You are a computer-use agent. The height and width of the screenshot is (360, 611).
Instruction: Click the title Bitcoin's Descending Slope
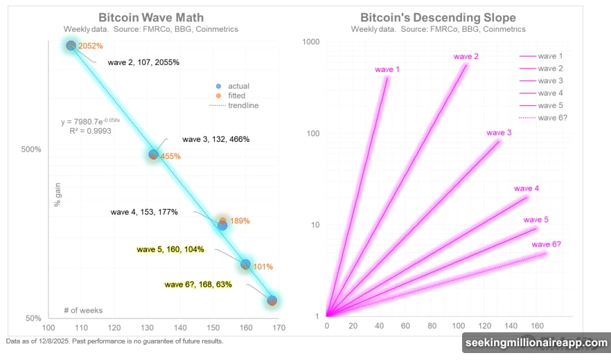pos(443,17)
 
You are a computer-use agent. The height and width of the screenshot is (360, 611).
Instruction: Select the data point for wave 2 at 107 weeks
pos(71,46)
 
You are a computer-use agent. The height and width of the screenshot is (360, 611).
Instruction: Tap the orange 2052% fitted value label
pos(90,46)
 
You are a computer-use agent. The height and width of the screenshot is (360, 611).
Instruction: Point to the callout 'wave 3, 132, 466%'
pos(215,139)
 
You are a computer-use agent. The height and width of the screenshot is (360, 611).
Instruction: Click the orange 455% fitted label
pos(170,156)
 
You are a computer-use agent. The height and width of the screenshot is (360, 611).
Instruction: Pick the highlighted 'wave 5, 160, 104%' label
pos(170,249)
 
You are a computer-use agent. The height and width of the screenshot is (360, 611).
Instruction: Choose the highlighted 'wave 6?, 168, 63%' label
pos(197,284)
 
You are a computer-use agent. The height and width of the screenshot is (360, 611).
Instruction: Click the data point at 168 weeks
pos(272,300)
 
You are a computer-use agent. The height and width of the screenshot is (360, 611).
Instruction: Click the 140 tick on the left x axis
pos(180,328)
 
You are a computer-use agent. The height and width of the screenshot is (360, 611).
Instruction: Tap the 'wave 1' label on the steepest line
pos(387,69)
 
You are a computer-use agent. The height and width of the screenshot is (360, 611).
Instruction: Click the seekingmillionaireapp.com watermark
pos(534,344)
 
